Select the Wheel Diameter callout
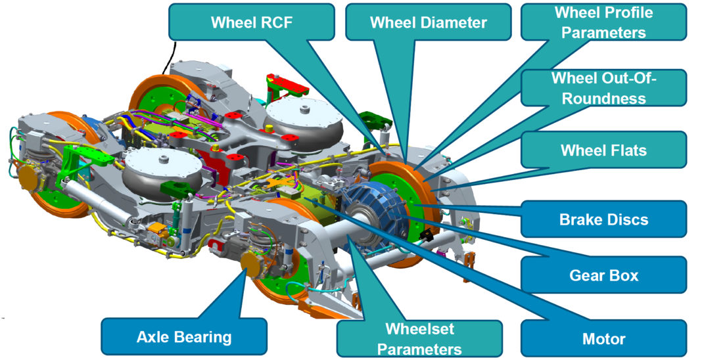pos(428,22)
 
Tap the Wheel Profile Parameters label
pos(603,22)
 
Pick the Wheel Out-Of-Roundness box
pos(603,88)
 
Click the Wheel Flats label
pos(603,150)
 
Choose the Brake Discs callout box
pos(603,219)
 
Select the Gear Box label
pos(603,275)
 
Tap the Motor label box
pos(603,339)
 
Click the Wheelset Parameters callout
pos(419,339)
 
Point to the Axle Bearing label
pos(184,338)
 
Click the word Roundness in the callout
pos(603,99)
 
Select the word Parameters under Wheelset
pos(419,349)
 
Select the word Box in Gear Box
pos(624,275)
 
